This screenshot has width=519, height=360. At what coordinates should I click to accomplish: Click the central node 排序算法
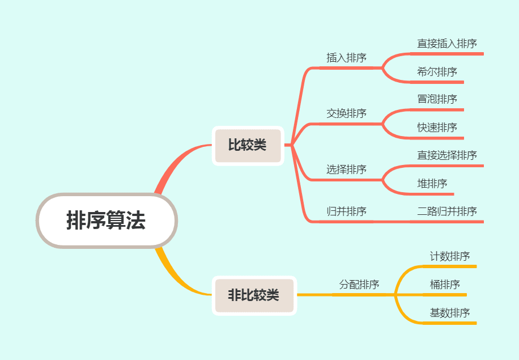(107, 221)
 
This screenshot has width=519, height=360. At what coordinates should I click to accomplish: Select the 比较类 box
(248, 145)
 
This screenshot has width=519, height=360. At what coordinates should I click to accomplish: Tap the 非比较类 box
(254, 295)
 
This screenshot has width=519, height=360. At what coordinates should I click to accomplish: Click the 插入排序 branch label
(346, 58)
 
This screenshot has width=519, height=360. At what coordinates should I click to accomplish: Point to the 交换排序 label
(346, 113)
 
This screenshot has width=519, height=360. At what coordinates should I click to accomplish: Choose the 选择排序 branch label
(346, 170)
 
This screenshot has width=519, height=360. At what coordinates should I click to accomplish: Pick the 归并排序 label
(346, 211)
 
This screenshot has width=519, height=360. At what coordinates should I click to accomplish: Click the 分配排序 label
(359, 285)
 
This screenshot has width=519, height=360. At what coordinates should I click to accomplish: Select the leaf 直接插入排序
(447, 44)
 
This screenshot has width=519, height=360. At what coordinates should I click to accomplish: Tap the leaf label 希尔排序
(437, 72)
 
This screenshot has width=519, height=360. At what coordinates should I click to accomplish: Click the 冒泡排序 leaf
(437, 99)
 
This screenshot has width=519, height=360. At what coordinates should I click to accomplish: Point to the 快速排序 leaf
(437, 128)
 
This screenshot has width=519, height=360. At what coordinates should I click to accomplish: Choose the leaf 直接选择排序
(447, 155)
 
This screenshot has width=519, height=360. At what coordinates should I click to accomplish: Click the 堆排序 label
(432, 184)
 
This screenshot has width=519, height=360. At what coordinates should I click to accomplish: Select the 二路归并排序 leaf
(447, 211)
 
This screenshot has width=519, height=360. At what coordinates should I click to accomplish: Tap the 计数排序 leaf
(450, 256)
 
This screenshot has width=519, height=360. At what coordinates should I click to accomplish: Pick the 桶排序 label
(445, 285)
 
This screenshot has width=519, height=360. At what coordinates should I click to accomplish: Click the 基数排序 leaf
(450, 313)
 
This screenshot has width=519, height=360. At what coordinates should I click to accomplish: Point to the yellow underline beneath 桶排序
(445, 295)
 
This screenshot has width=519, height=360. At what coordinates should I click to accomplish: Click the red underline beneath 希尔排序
(439, 82)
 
